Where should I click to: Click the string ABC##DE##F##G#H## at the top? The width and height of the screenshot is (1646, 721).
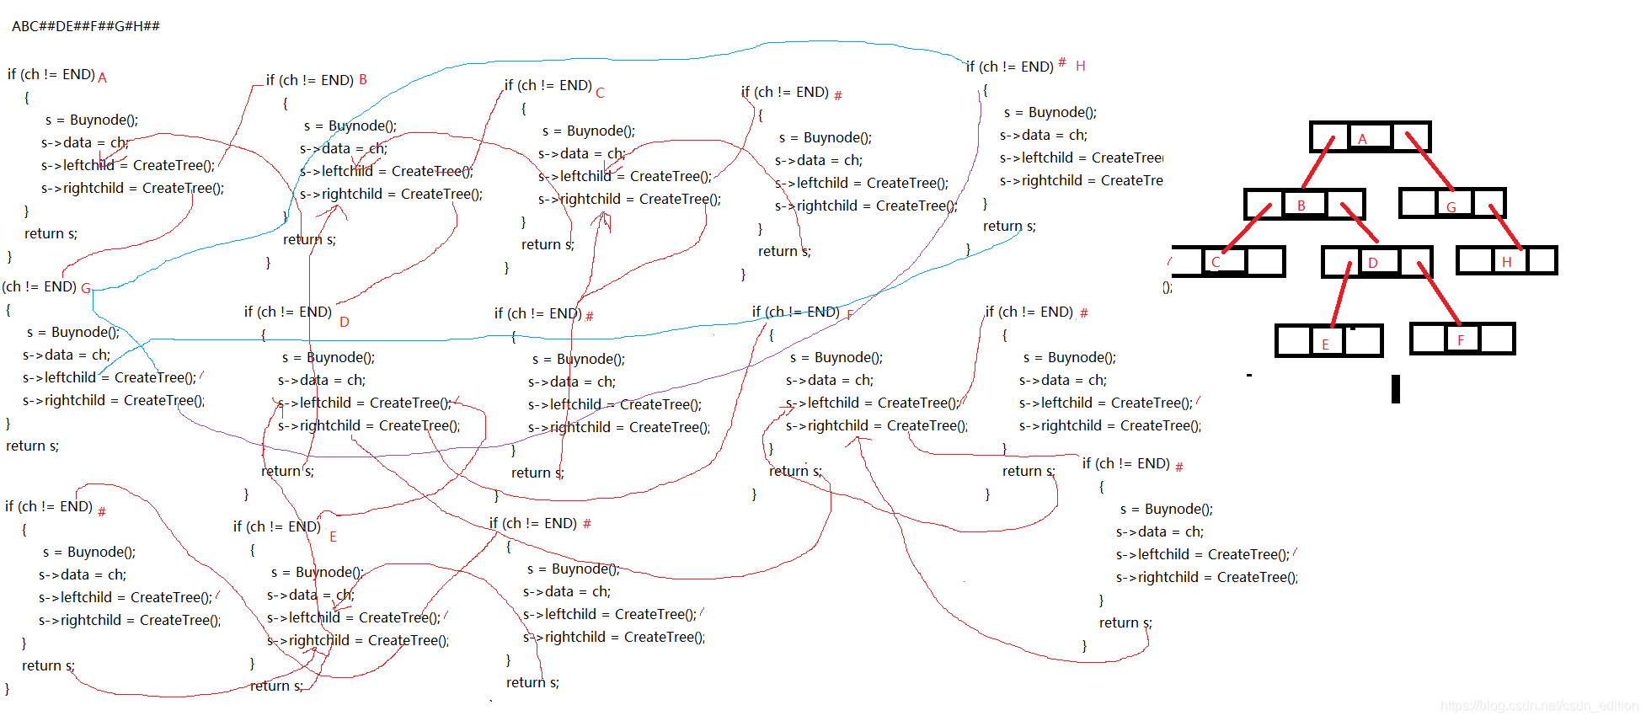(x=85, y=26)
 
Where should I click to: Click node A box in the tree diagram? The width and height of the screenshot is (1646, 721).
(x=1370, y=137)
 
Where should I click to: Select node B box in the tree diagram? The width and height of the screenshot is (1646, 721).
(x=1304, y=205)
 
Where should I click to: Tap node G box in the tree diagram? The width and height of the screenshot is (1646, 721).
(x=1451, y=204)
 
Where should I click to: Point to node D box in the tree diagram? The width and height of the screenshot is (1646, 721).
(x=1376, y=262)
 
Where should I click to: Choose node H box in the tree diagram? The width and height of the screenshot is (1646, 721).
(x=1507, y=261)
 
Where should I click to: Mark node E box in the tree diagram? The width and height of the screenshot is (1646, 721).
(x=1328, y=341)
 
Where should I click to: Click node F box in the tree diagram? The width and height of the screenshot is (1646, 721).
(x=1462, y=339)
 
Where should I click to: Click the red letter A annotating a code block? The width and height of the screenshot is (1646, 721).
(x=102, y=77)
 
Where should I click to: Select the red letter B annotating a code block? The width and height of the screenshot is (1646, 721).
(x=363, y=79)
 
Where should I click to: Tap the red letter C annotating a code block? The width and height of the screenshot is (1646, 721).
(x=600, y=93)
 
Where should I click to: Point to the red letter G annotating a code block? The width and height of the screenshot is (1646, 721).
(x=86, y=288)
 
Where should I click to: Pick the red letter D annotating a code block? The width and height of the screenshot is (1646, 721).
(x=344, y=322)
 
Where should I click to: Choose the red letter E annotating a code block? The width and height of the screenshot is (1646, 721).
(x=333, y=537)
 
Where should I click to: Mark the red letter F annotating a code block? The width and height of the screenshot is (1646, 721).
(x=850, y=314)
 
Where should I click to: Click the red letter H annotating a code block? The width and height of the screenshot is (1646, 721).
(x=1080, y=66)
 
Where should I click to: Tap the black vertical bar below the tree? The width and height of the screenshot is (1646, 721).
(x=1396, y=388)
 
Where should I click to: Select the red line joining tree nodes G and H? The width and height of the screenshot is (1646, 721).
(x=1505, y=227)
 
